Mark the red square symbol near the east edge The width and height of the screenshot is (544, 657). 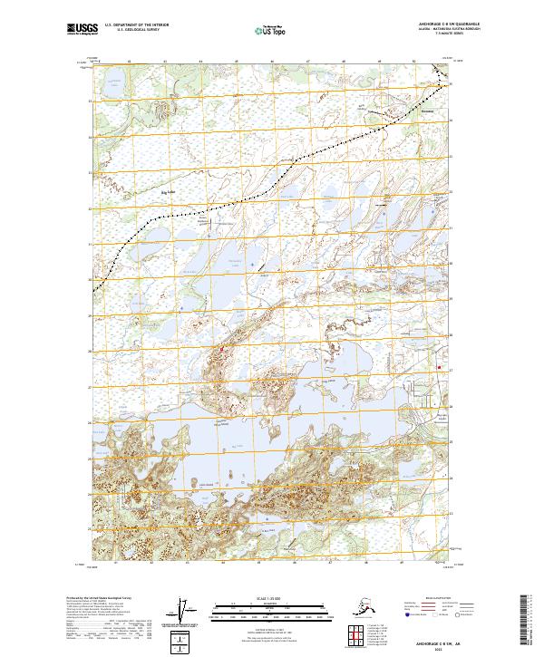[x=442, y=367]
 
